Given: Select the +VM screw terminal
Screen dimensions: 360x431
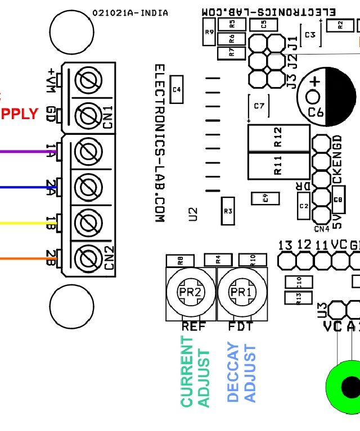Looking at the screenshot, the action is (x=88, y=83).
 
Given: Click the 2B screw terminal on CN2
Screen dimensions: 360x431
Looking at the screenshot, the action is (x=88, y=258).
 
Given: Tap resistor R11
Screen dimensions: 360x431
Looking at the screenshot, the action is (x=278, y=166).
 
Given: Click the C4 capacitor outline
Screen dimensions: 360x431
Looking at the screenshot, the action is (x=177, y=89).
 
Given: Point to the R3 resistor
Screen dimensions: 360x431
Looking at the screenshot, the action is (x=228, y=211).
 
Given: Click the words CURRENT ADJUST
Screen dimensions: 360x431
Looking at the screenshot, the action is (x=195, y=371).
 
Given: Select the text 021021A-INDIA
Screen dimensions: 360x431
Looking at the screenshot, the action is (x=130, y=13).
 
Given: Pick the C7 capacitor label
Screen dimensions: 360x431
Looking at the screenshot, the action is (x=259, y=106).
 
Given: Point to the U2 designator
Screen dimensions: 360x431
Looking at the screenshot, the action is (x=193, y=214).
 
